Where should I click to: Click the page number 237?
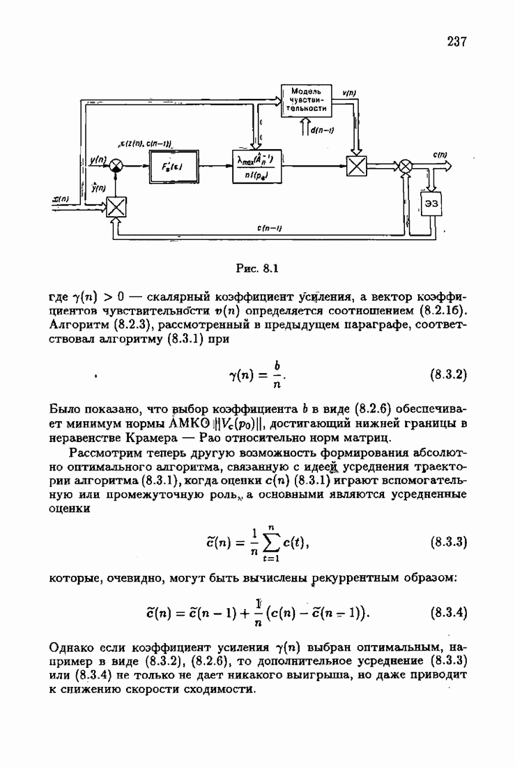tap(456, 42)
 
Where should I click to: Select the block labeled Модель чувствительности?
tap(305, 101)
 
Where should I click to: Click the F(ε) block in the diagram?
tap(171, 167)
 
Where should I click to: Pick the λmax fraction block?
tap(260, 167)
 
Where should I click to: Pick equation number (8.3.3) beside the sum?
tap(447, 541)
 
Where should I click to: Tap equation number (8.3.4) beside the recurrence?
tap(447, 614)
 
